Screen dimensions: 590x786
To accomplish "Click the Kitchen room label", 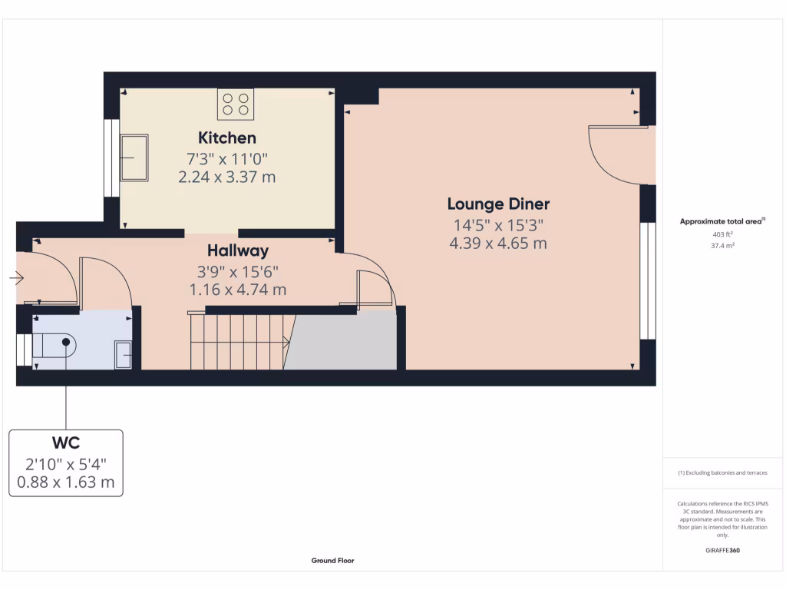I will (227, 138).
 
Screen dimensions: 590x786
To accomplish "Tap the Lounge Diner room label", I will (498, 204).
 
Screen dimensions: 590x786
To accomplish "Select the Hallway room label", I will (238, 250).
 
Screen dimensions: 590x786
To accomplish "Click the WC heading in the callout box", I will (66, 443).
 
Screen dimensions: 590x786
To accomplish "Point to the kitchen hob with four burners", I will (236, 104).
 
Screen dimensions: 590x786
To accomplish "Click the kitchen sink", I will (134, 158).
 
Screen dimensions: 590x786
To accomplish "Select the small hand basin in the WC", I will (123, 354).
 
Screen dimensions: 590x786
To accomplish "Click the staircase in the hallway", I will (238, 340).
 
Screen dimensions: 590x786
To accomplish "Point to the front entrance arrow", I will (17, 278).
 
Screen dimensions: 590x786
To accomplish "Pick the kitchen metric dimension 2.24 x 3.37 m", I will (227, 177).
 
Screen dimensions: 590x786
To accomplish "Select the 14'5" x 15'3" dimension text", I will (498, 226).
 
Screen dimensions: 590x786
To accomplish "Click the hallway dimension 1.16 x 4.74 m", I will (238, 290).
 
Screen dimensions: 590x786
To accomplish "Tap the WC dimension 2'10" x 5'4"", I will (66, 464).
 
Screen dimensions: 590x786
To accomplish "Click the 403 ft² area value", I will (722, 234).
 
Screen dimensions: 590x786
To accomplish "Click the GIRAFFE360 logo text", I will (722, 551).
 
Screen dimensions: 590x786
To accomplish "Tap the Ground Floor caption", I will (332, 561).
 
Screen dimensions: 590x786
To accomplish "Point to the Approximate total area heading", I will (722, 221).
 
